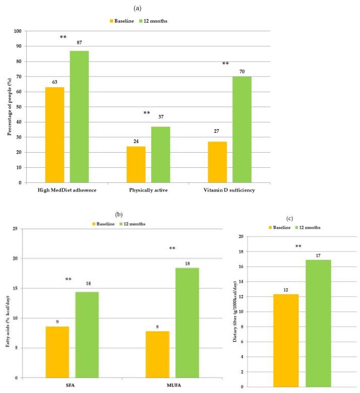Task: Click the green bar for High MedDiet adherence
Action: (79, 116)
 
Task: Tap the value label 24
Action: (136, 141)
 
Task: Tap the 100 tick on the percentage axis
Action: (17, 31)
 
